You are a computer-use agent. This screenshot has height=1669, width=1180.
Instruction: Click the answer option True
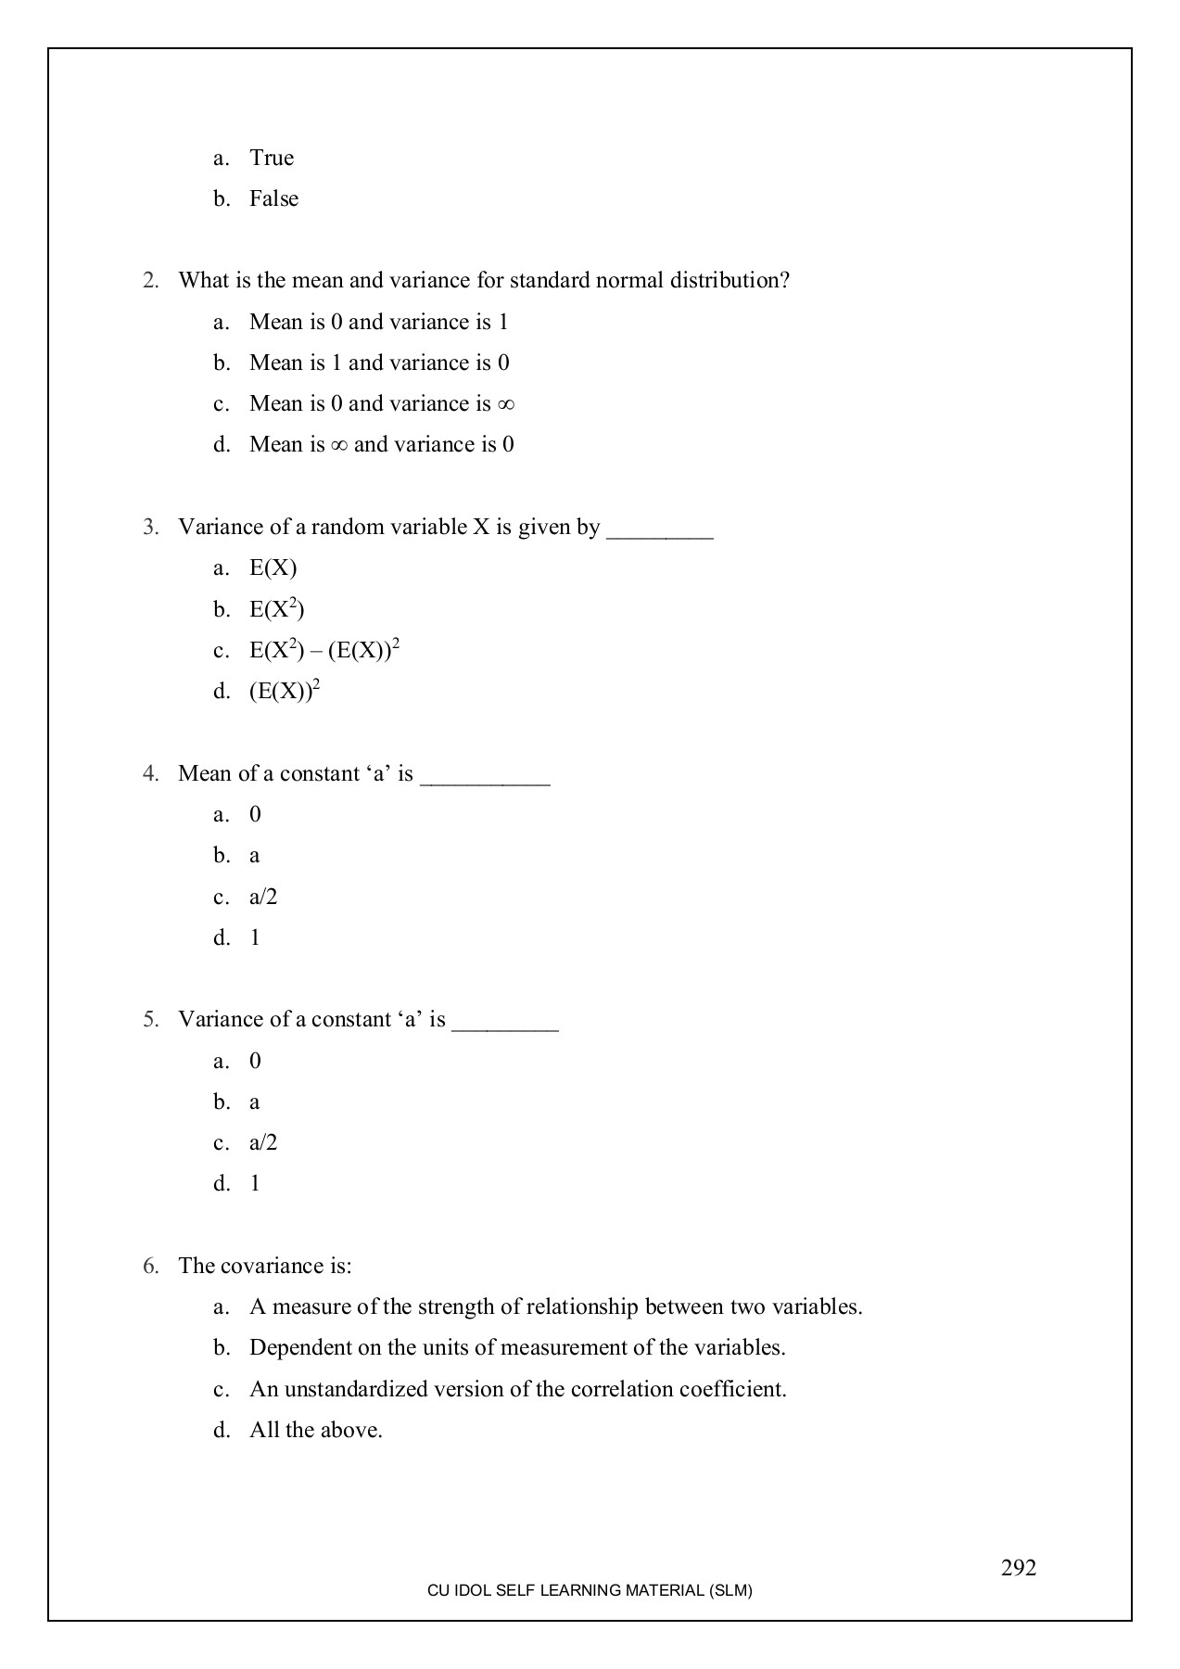point(272,159)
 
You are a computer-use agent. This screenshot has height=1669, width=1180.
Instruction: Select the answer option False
point(273,199)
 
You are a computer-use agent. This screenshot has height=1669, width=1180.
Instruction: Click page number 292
point(1018,1568)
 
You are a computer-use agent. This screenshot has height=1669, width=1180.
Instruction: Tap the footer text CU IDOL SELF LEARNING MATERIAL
point(590,1590)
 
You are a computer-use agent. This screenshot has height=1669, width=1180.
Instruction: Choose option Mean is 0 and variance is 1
point(378,323)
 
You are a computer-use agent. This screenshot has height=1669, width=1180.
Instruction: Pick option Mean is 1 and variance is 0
point(378,363)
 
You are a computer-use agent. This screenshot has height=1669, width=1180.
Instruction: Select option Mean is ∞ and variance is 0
point(381,445)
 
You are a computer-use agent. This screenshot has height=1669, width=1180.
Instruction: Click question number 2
point(150,281)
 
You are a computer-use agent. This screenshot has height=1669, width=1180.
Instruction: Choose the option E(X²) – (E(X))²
point(324,650)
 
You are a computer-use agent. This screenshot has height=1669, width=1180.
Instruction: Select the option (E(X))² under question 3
point(284,691)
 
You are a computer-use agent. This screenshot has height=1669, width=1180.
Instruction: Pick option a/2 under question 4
point(263,898)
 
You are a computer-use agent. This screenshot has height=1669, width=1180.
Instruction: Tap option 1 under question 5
point(255,1184)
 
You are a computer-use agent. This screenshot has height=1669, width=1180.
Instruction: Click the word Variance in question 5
point(220,1020)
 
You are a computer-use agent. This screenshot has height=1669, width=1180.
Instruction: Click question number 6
point(150,1267)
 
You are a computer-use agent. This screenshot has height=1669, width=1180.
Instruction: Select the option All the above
point(315,1431)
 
